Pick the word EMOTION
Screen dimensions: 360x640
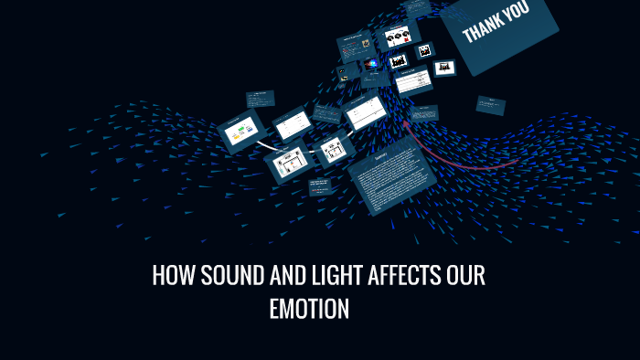coord(309,310)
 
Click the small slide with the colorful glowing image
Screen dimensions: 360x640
coord(371,65)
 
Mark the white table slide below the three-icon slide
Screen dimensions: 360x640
coord(414,80)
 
